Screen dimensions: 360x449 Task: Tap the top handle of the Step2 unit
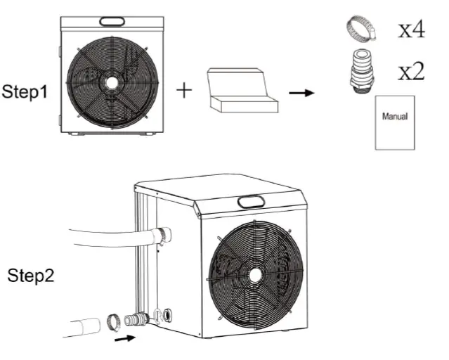pyautogui.click(x=249, y=202)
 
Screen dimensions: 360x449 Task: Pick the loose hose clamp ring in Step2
pyautogui.click(x=112, y=323)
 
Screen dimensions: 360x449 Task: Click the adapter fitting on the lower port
pyautogui.click(x=136, y=321)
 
